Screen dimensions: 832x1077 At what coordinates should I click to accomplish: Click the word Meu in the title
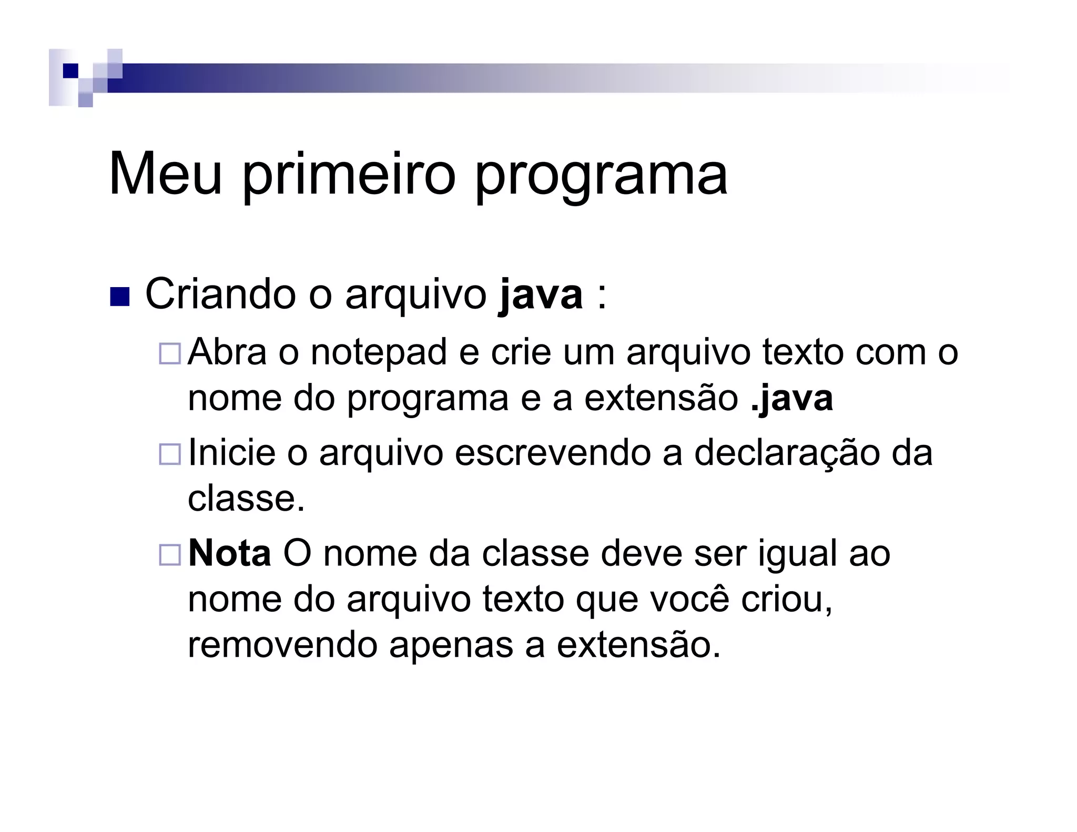point(165,174)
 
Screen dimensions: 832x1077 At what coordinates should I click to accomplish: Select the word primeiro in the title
point(348,174)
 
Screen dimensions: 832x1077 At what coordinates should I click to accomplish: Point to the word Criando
point(220,295)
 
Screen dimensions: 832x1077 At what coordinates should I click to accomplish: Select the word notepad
point(379,352)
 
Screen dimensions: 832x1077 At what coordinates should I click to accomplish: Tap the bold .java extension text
point(792,398)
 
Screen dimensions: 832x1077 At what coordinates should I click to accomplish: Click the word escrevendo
point(553,453)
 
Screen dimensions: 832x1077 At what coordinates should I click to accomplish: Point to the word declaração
point(787,453)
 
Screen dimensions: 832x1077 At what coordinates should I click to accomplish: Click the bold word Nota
point(230,554)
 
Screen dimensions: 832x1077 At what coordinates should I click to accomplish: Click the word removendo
point(282,645)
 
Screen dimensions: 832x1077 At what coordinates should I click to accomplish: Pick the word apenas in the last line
point(451,646)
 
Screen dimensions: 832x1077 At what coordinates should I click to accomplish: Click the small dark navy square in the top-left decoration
point(70,70)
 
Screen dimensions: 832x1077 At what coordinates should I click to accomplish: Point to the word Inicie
point(231,453)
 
